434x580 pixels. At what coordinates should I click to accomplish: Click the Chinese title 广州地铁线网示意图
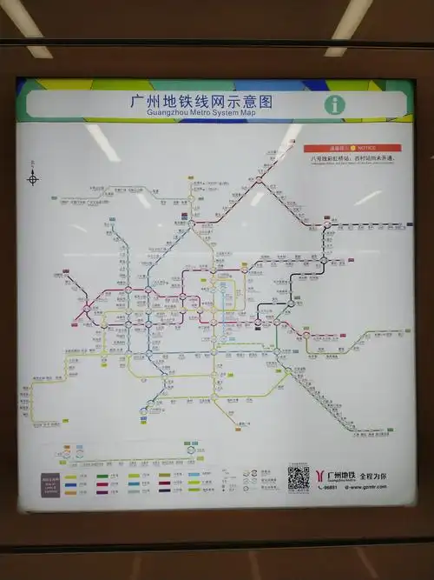click(201, 100)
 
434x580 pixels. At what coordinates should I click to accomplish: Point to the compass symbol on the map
click(33, 179)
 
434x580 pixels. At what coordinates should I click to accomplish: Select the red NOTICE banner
click(352, 149)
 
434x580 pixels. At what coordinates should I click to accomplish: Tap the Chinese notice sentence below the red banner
click(352, 158)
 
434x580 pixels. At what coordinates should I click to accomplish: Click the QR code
click(299, 478)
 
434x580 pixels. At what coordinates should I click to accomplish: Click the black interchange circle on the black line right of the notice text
click(327, 224)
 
